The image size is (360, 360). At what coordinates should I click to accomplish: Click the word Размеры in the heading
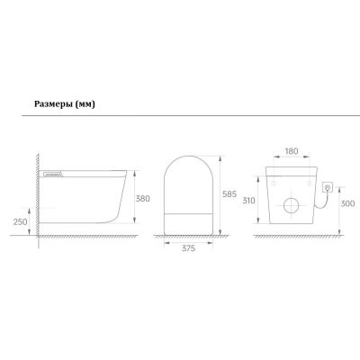(x=54, y=104)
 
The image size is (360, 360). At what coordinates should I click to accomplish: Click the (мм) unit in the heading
(x=85, y=104)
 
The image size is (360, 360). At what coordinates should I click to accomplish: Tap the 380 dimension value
(x=142, y=199)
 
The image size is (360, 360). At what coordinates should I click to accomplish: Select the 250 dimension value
(x=21, y=222)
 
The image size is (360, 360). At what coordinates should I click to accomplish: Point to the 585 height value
(x=229, y=194)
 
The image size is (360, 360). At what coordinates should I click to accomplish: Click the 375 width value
(x=188, y=248)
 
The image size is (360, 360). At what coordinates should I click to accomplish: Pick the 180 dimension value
(x=292, y=151)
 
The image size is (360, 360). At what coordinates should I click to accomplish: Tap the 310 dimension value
(x=248, y=201)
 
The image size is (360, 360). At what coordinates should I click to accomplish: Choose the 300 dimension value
(x=347, y=203)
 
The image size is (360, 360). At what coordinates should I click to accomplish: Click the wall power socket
(x=327, y=187)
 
